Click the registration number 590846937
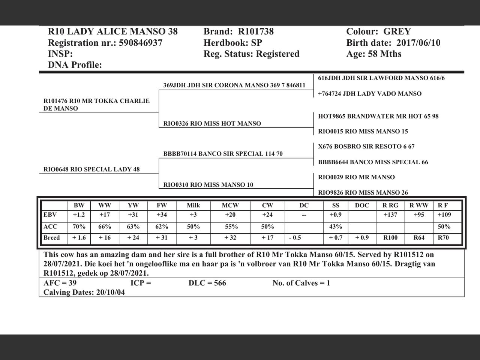pos(141,43)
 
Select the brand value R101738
pos(256,31)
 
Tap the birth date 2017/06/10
pos(418,43)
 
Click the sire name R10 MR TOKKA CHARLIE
pos(96,101)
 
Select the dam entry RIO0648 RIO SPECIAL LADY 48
pos(91,169)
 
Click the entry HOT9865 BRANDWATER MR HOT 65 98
pos(378,116)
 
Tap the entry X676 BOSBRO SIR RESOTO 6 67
pos(366,147)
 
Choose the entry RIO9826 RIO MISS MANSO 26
pos(363,193)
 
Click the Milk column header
pos(193,205)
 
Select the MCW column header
pos(230,205)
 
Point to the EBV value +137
pos(390,215)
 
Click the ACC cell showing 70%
pos(79,227)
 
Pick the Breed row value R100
pos(390,238)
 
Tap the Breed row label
pos(52,238)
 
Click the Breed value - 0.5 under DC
pos(295,238)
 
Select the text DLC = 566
pos(207,283)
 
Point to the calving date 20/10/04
pos(110,292)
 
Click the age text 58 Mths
pos(384,54)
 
